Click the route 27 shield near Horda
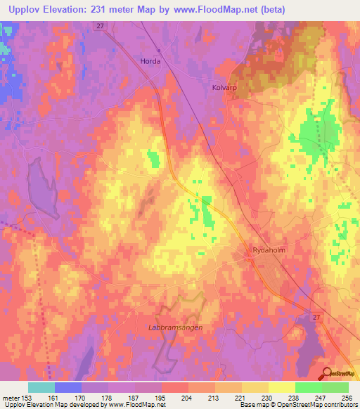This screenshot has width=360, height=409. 101,25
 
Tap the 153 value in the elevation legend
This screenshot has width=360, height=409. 27,397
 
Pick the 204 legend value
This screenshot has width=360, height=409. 187,397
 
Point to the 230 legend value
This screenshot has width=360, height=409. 266,397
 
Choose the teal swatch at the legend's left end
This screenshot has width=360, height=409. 41,387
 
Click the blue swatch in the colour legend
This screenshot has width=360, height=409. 68,387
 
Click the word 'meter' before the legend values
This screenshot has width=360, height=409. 11,397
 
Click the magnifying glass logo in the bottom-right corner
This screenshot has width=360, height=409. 327,374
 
